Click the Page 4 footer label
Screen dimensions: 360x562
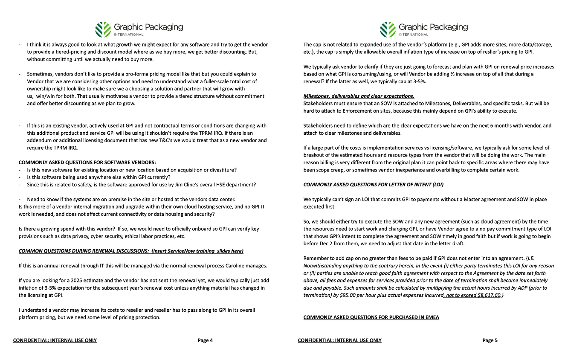point(205,340)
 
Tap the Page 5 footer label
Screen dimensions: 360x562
point(490,340)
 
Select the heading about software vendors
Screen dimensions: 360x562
point(87,163)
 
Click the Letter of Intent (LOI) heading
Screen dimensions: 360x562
point(374,185)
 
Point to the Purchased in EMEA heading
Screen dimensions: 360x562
point(371,317)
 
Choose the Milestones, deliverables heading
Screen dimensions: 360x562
point(359,96)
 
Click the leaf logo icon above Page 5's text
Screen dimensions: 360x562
point(388,29)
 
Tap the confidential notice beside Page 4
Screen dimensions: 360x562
point(55,340)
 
